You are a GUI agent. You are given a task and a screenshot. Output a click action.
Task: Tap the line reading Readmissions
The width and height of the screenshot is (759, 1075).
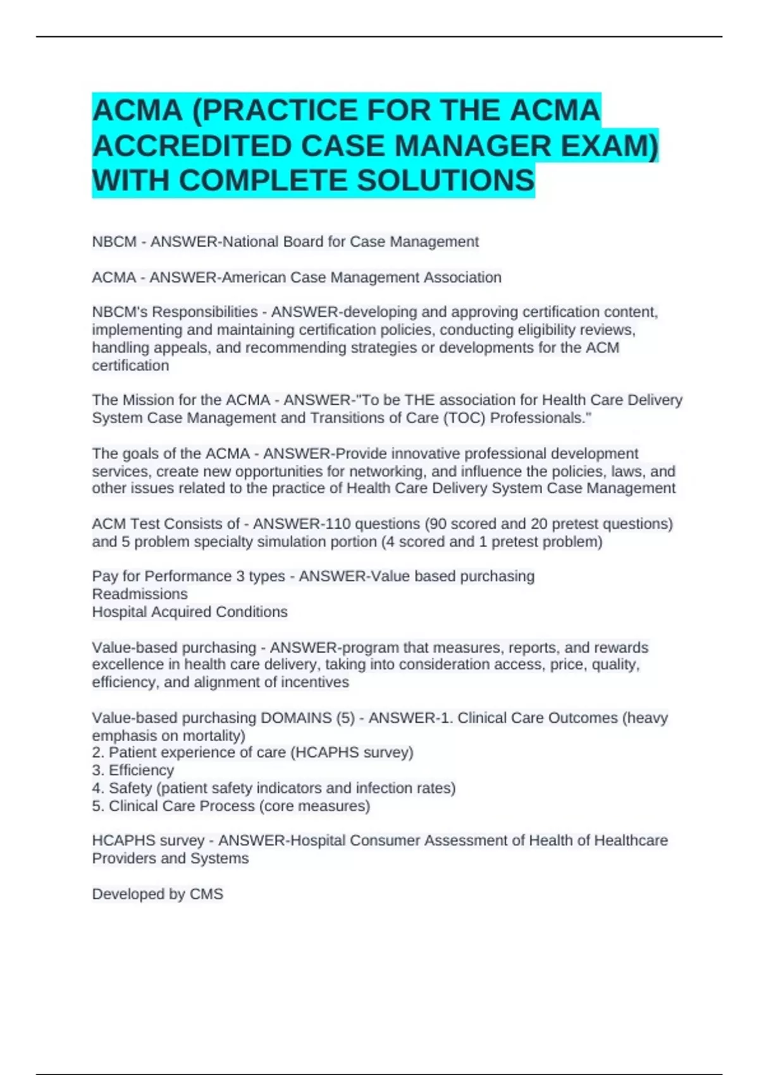tap(140, 594)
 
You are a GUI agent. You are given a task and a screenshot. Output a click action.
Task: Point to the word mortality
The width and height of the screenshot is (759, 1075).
tap(214, 735)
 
